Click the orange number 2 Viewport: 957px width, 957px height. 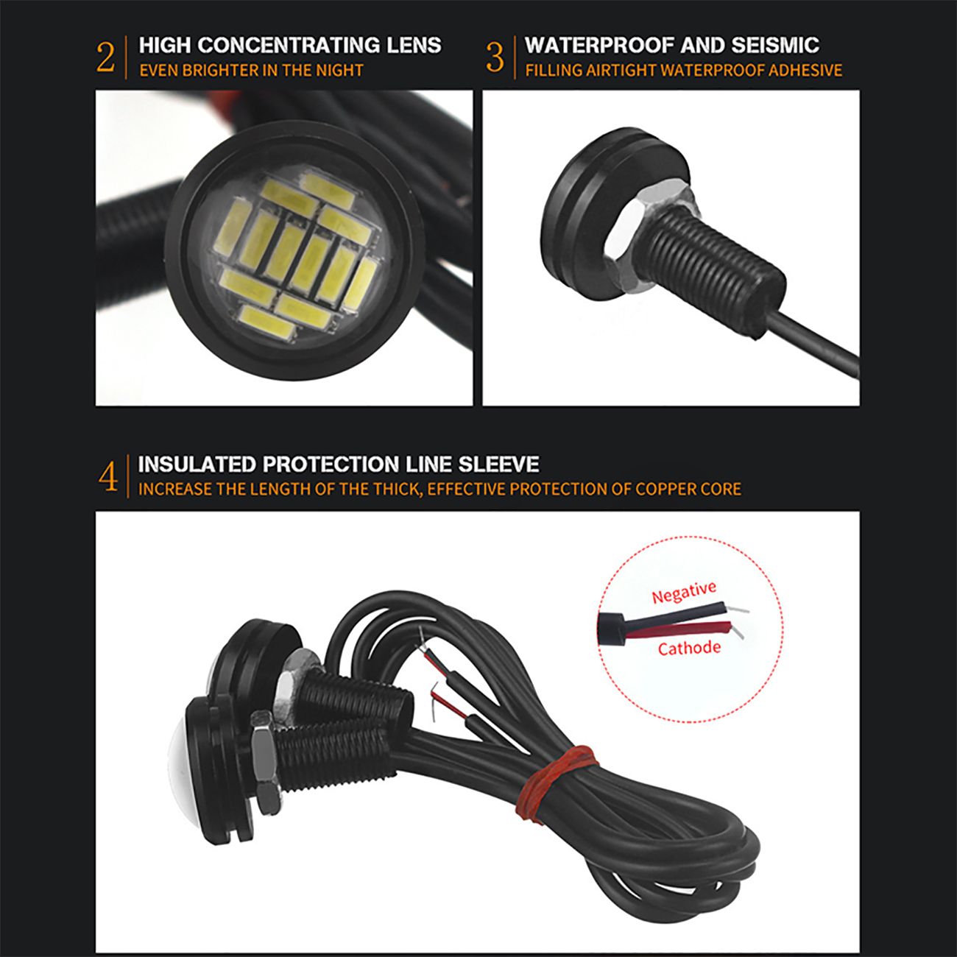(105, 58)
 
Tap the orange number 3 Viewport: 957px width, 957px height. (495, 58)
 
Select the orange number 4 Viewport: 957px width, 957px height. (108, 477)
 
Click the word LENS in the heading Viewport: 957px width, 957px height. (414, 45)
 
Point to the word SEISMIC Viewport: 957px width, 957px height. (775, 45)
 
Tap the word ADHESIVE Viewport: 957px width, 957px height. (805, 71)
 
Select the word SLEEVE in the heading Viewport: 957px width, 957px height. (498, 465)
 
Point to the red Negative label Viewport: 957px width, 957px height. (684, 592)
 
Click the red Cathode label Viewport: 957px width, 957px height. (689, 649)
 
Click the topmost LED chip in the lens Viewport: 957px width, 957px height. (328, 190)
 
